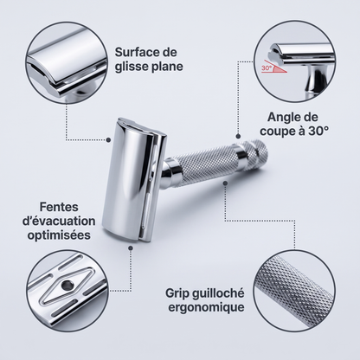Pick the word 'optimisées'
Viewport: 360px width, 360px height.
tap(59, 235)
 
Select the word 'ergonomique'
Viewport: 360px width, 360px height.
tap(206, 307)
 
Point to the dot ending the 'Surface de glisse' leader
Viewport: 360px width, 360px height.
tap(108, 140)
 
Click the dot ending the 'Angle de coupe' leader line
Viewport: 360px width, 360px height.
tap(238, 136)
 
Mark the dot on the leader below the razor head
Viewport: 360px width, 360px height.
tap(131, 248)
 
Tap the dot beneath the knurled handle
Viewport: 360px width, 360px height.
tap(225, 183)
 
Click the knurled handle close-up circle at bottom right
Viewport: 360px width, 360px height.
tap(294, 291)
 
